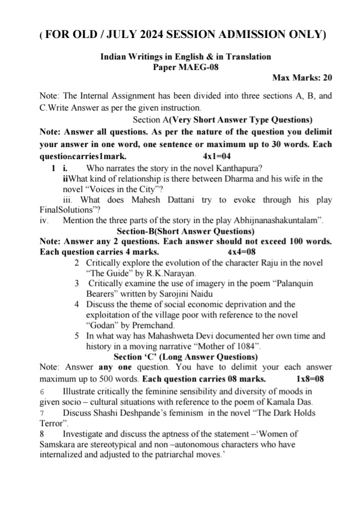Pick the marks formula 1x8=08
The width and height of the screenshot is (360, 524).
pyautogui.click(x=310, y=378)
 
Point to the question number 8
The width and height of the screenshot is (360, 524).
pyautogui.click(x=42, y=434)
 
